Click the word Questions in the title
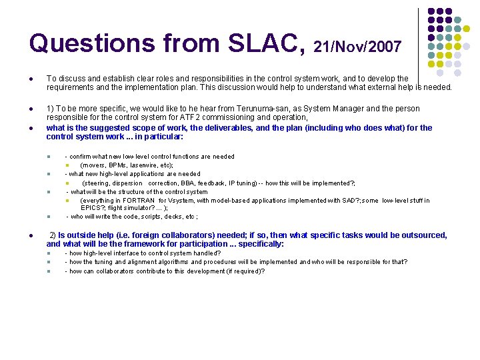pos(81,43)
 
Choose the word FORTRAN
pos(138,200)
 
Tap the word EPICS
pos(91,208)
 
